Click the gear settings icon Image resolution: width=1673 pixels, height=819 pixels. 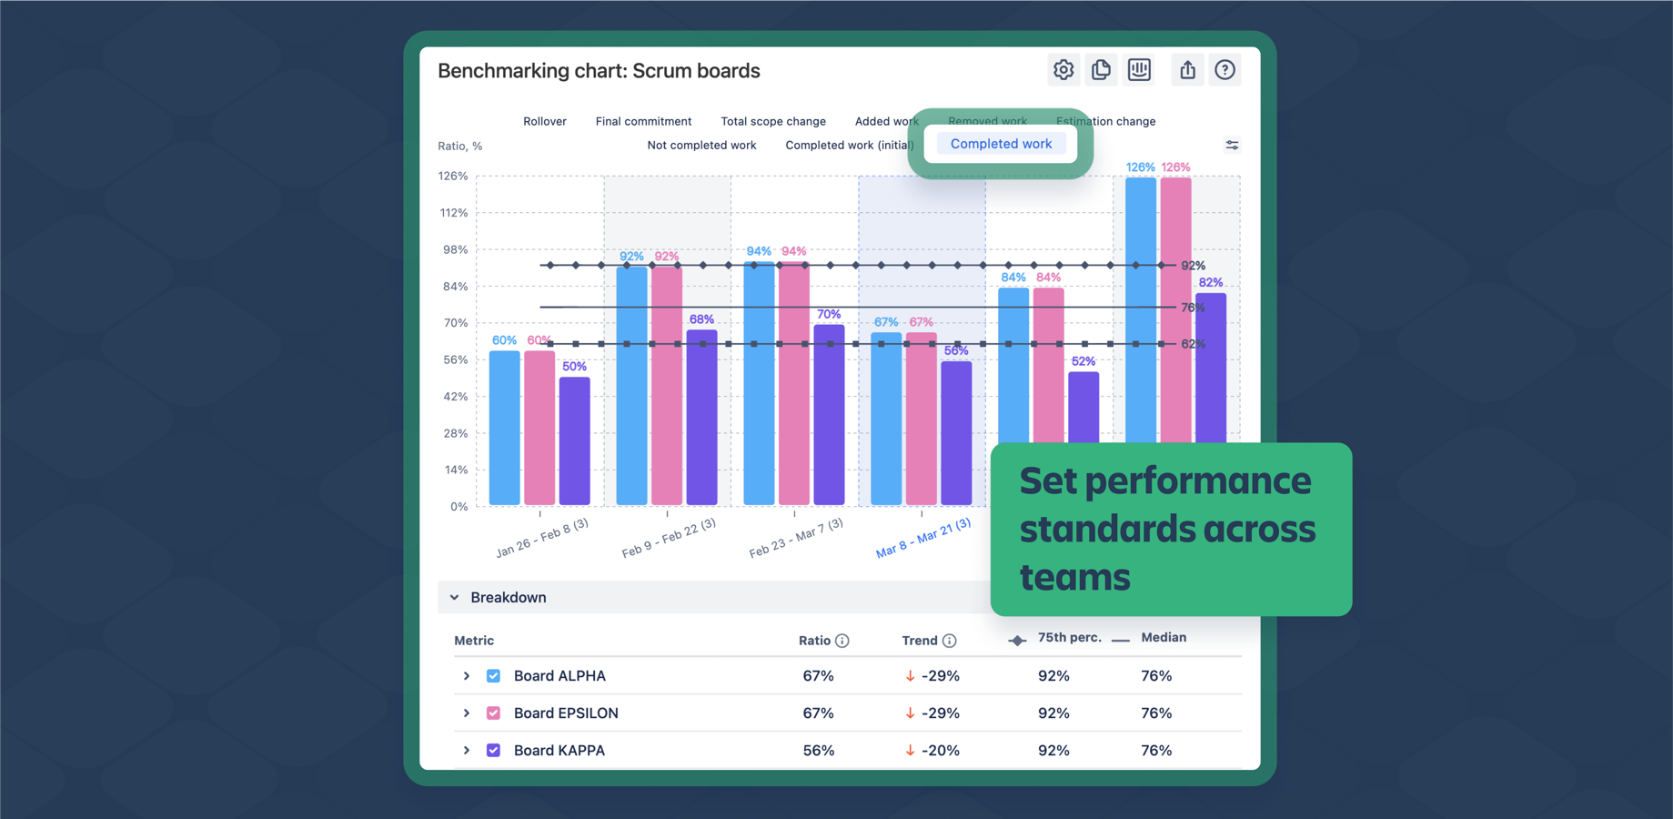(1063, 70)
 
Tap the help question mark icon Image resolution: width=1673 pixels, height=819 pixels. (1225, 70)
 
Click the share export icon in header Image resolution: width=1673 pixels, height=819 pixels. (1187, 70)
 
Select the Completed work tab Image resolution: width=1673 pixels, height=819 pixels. (1001, 144)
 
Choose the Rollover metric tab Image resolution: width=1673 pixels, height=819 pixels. (544, 121)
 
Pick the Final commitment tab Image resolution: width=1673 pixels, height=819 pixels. (643, 121)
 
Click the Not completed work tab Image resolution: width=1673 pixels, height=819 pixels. (701, 145)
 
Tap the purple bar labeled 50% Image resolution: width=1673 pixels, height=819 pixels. (574, 441)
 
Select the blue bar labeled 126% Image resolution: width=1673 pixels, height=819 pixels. (1140, 309)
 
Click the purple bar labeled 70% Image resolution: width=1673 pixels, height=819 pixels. (829, 414)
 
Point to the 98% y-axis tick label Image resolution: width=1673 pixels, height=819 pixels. (454, 249)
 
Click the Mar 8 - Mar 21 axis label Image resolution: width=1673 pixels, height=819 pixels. (922, 538)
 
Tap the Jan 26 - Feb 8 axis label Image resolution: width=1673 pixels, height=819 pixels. (541, 538)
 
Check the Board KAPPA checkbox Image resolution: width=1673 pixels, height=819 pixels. (493, 751)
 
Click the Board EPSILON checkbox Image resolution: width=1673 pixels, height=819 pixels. (493, 713)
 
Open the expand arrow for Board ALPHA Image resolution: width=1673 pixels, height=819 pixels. (467, 676)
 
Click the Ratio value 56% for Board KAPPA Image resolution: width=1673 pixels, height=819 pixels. (818, 751)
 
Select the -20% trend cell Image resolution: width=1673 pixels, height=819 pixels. (932, 751)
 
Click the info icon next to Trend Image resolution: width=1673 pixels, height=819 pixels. (949, 641)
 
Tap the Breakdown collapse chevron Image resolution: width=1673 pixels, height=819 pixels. (455, 598)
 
